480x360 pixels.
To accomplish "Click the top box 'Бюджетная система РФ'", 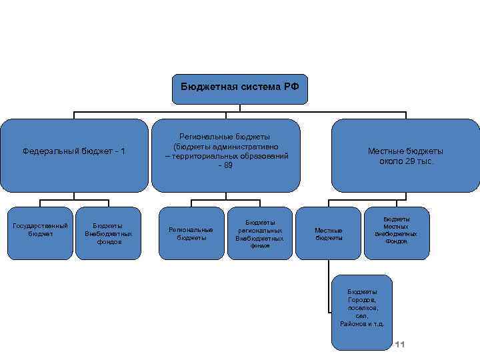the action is tap(240, 89).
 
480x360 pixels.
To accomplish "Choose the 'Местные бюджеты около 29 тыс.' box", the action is tap(405, 155).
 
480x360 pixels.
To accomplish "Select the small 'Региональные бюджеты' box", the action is tap(191, 233).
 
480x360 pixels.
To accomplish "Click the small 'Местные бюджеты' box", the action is tap(329, 233).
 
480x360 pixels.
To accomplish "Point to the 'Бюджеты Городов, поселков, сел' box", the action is tap(362, 311).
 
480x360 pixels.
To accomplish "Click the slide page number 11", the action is tap(401, 344).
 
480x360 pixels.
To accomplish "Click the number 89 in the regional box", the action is tap(227, 164).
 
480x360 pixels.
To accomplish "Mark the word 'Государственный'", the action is tap(41, 226).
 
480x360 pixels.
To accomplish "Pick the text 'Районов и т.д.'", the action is tap(362, 323).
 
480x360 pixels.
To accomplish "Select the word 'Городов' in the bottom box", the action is tap(362, 300).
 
